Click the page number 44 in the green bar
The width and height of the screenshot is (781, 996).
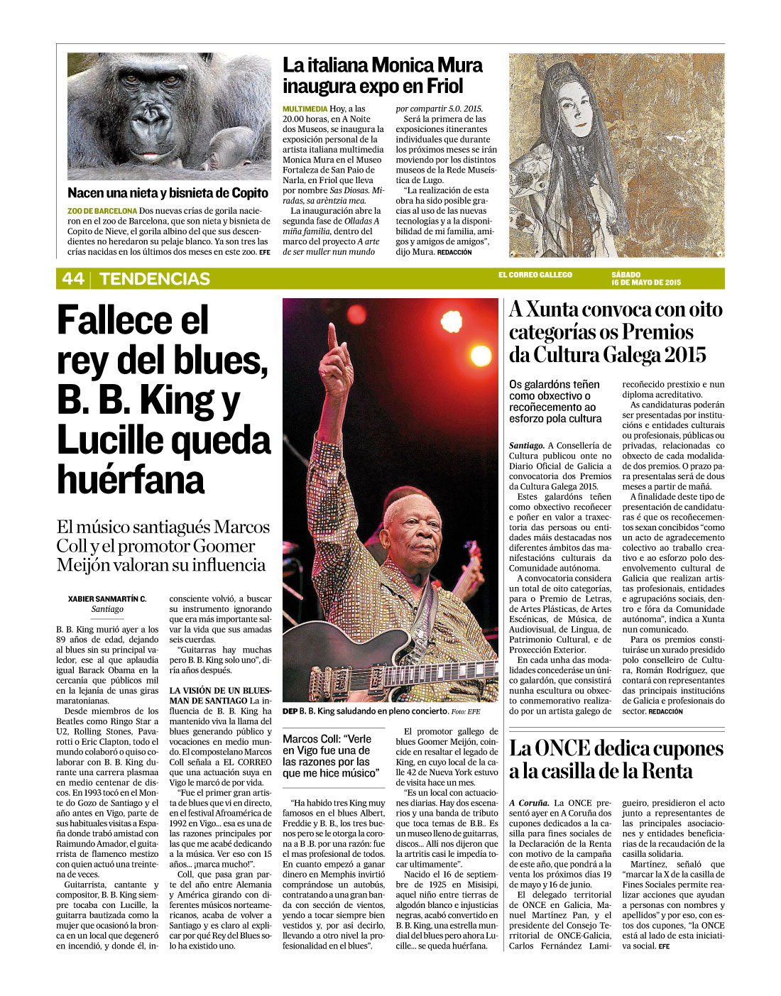point(72,278)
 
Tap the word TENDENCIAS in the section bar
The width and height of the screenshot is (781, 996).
point(155,278)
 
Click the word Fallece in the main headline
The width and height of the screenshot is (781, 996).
point(133,320)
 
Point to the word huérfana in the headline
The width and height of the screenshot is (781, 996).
point(131,480)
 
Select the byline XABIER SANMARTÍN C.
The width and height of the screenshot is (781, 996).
point(107,598)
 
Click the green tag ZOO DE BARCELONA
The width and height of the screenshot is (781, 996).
point(102,211)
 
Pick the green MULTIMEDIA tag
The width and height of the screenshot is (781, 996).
point(305,109)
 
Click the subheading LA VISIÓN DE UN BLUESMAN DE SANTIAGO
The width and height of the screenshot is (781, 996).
point(220,695)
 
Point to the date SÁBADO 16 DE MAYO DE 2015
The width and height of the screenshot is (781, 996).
point(645,278)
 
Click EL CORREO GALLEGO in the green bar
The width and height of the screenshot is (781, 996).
point(535,275)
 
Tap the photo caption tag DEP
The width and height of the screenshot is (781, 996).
point(290,711)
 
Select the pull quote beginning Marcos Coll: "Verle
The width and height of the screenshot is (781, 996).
point(331,755)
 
